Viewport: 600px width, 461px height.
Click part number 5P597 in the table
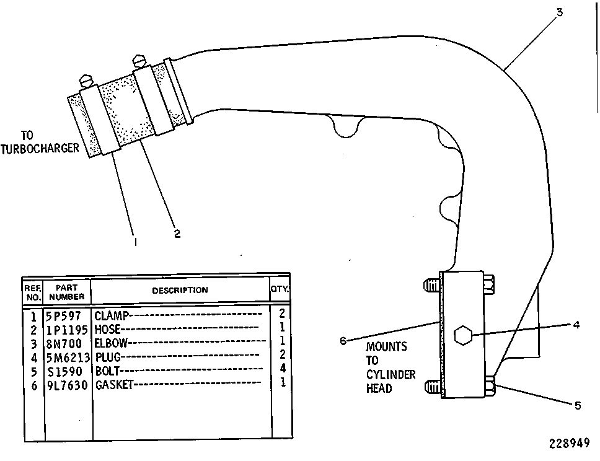63,316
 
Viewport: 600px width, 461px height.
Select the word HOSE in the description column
107,330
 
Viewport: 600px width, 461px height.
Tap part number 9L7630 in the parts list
67,385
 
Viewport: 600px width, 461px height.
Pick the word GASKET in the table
114,385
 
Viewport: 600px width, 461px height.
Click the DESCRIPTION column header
180,291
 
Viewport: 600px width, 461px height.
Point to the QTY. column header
280,289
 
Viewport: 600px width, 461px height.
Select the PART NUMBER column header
66,292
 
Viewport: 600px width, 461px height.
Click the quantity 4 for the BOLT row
283,368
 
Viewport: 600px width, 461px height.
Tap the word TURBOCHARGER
40,149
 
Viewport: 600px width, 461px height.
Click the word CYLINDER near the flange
390,374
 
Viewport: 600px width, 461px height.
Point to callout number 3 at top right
560,12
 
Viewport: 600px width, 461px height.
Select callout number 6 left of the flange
343,341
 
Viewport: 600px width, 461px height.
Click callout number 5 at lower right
578,405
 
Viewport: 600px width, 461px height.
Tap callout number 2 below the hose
177,234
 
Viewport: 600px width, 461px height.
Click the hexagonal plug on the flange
463,335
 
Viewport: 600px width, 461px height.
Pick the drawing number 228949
570,444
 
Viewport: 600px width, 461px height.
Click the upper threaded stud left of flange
431,285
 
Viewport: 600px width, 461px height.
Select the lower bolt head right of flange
490,385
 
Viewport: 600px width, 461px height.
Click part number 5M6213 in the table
68,358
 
